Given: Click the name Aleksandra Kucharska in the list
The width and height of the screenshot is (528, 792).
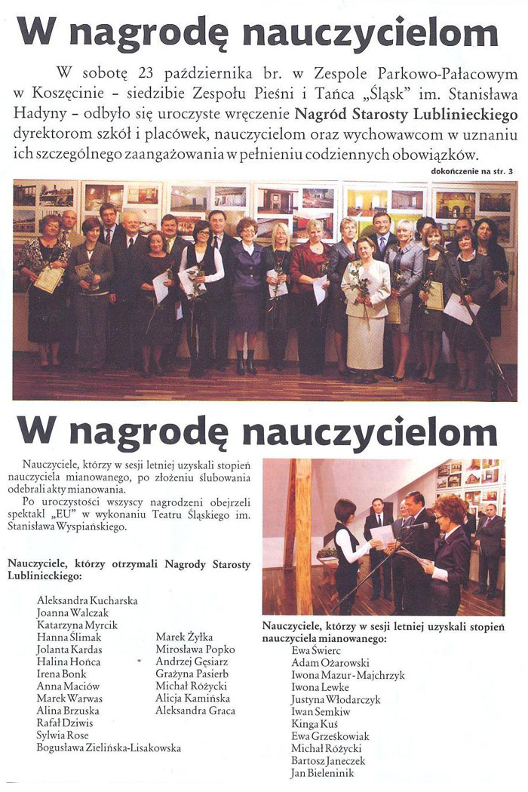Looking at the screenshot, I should click(87, 600).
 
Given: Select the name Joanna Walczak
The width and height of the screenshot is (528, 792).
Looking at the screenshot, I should click(72, 612).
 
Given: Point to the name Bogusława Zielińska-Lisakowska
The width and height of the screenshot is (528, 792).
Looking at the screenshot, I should click(109, 747).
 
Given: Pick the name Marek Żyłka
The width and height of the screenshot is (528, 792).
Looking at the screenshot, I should click(185, 637).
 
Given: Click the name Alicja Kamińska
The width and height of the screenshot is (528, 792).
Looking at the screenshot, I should click(191, 698).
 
